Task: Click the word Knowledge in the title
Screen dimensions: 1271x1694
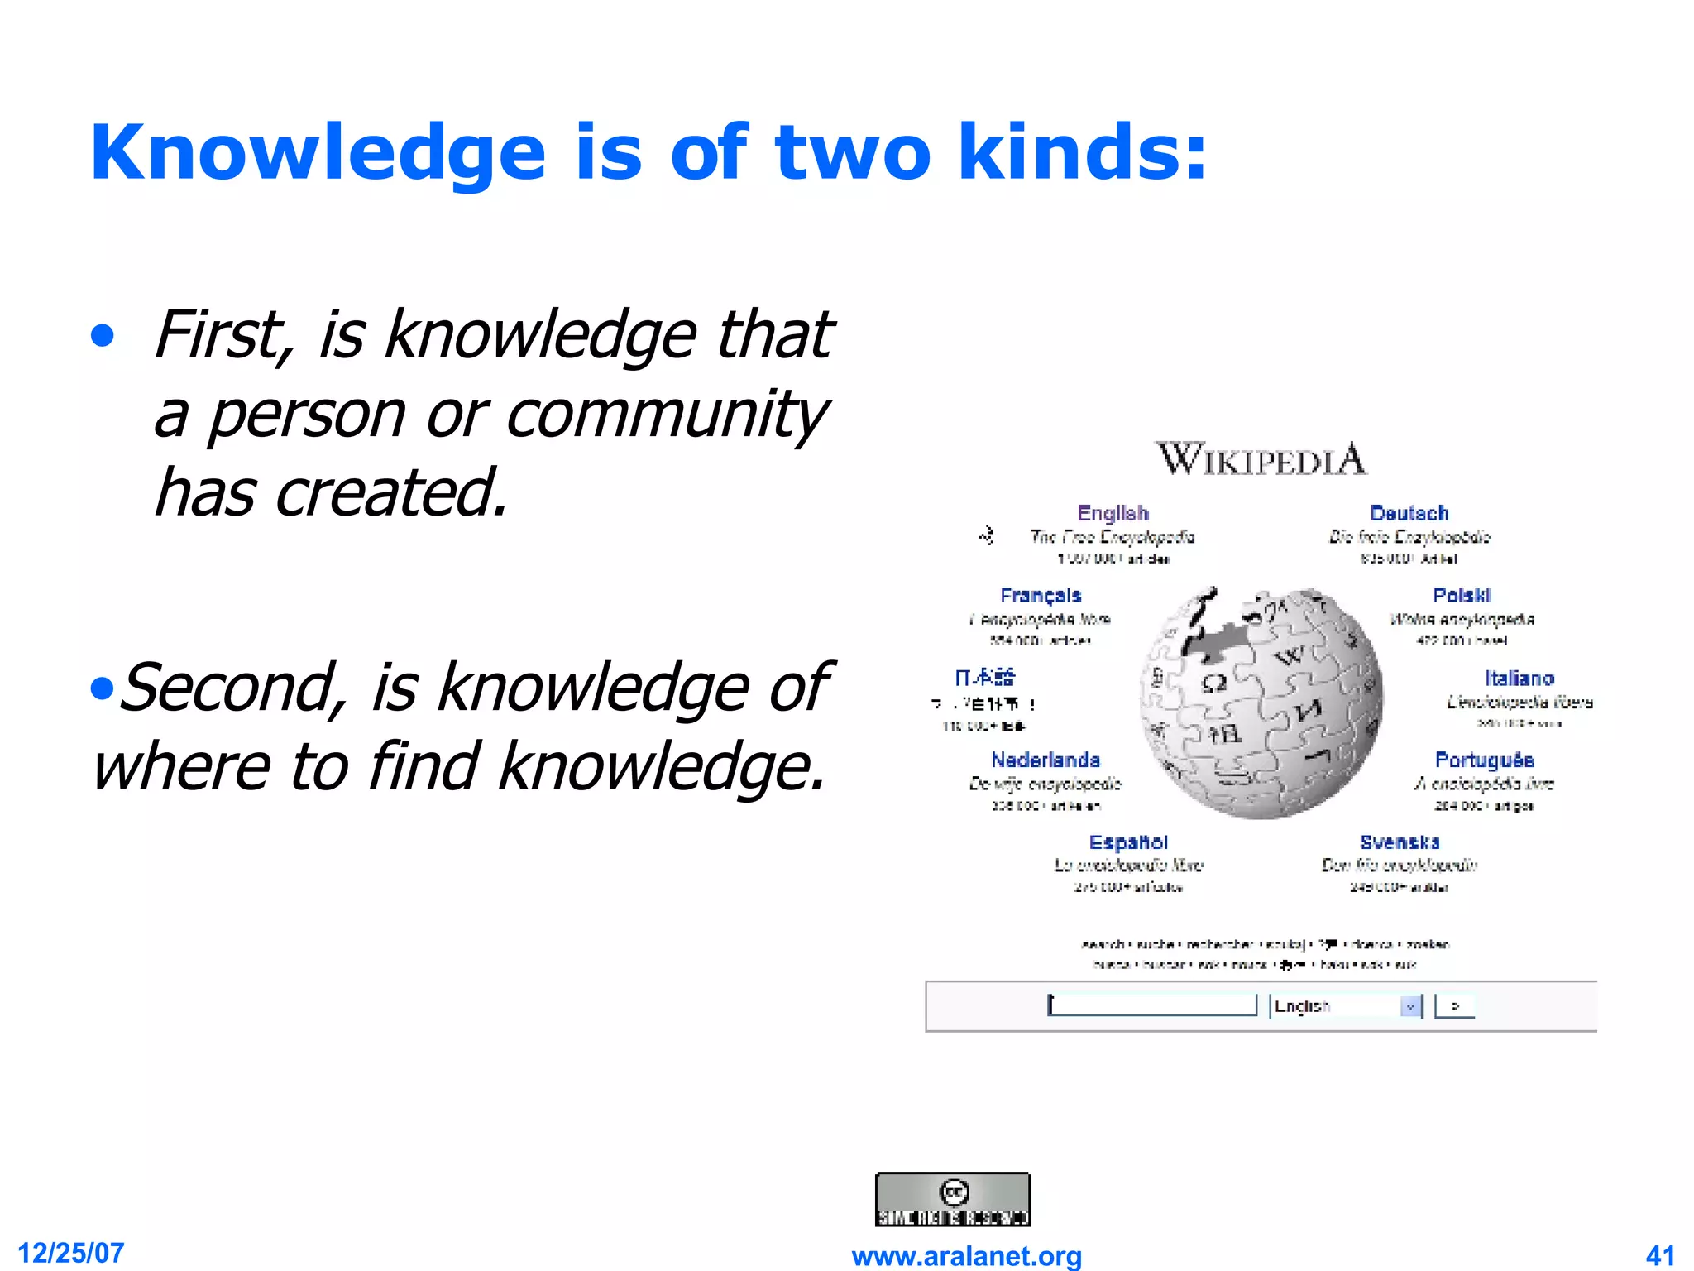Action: click(x=318, y=153)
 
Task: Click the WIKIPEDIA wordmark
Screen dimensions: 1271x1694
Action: click(x=1261, y=459)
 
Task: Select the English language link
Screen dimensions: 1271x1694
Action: click(x=1113, y=513)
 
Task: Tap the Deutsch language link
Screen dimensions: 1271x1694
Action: click(x=1409, y=513)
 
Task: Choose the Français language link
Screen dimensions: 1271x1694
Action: click(x=1041, y=596)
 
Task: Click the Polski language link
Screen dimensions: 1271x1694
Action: click(x=1462, y=596)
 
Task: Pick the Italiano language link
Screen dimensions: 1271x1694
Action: click(x=1519, y=679)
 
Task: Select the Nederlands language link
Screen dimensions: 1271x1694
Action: click(x=1046, y=760)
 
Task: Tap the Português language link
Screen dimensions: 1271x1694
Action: click(x=1484, y=760)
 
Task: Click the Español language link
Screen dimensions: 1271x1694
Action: click(x=1128, y=842)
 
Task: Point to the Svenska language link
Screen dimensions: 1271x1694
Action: click(x=1400, y=842)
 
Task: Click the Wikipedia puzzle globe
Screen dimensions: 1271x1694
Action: click(x=1261, y=703)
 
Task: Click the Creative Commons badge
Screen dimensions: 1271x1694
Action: click(x=953, y=1199)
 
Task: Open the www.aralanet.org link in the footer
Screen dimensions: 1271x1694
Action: click(x=966, y=1256)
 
